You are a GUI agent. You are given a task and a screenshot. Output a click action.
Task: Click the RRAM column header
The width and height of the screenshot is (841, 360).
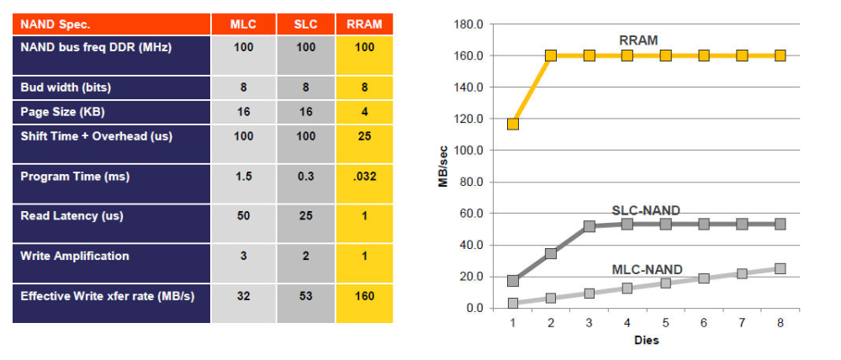tap(364, 24)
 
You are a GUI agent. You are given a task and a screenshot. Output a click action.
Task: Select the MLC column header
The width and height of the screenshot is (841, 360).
tap(244, 24)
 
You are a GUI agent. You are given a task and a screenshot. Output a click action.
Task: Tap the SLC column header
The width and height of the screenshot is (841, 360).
tap(306, 24)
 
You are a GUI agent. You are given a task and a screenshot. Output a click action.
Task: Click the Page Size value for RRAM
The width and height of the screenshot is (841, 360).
tap(364, 112)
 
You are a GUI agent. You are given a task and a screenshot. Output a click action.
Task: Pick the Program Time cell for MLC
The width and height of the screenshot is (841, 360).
tap(244, 176)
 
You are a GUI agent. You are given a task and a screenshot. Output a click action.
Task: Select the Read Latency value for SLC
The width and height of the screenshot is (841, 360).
tap(306, 215)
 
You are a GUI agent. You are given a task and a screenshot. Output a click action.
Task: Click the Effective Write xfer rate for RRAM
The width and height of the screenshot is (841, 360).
tap(364, 295)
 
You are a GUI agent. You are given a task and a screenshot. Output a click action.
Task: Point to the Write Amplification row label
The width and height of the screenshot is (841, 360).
tap(75, 256)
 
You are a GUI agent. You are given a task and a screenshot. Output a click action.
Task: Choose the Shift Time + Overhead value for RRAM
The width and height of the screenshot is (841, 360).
tap(364, 136)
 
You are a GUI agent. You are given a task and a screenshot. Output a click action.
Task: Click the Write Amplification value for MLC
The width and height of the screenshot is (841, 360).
tap(244, 256)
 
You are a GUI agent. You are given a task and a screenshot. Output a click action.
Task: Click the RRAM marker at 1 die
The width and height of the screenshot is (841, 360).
tap(513, 124)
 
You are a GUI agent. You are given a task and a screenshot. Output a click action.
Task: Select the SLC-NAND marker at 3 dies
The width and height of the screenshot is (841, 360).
tap(590, 226)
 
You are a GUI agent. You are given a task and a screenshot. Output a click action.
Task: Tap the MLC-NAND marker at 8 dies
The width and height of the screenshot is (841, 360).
tap(780, 268)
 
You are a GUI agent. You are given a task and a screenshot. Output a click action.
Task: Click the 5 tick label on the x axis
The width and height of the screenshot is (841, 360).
tap(665, 322)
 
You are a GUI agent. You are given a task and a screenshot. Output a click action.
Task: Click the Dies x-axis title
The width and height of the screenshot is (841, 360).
tap(646, 340)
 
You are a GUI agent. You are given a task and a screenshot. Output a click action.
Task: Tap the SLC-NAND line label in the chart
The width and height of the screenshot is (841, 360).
tap(646, 210)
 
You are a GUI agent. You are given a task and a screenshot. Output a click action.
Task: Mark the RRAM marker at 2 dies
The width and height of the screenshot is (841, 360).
tap(551, 56)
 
